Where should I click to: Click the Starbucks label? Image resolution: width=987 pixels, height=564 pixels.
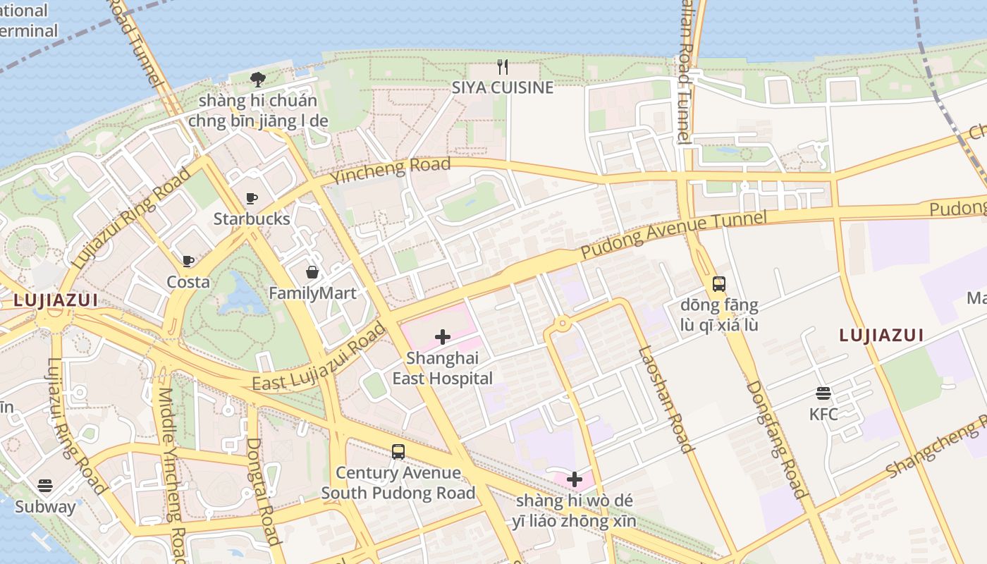click(x=252, y=219)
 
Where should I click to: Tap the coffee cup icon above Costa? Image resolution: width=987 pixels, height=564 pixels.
click(x=188, y=262)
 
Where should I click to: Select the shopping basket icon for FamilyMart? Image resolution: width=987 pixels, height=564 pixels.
click(x=312, y=272)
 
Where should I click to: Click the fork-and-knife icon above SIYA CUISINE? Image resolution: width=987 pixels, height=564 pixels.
click(x=503, y=67)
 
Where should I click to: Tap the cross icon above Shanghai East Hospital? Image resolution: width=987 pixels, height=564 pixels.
click(x=443, y=337)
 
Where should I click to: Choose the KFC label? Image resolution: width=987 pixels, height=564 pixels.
click(x=823, y=414)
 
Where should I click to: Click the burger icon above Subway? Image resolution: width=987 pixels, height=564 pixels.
click(x=45, y=485)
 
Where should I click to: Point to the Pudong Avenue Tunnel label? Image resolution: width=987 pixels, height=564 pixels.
click(x=673, y=233)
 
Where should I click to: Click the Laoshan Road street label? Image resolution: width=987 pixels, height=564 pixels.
click(x=666, y=398)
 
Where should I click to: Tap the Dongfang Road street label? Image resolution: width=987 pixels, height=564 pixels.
click(x=776, y=439)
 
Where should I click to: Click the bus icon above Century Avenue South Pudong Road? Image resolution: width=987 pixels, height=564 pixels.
click(x=398, y=452)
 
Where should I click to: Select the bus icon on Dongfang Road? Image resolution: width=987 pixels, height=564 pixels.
click(x=719, y=284)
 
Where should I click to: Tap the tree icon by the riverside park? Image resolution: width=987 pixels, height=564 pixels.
click(x=258, y=79)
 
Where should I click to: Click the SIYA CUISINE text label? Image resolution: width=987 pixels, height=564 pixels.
click(x=503, y=87)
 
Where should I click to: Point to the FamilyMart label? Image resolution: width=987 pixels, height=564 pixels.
click(x=312, y=293)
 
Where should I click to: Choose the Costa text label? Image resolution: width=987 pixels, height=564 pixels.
click(x=188, y=282)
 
